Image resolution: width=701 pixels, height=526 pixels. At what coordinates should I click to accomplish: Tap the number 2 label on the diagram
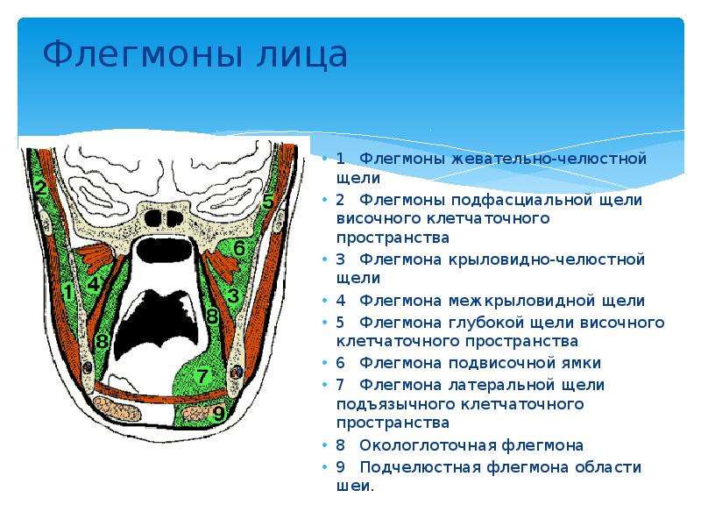[x=40, y=188]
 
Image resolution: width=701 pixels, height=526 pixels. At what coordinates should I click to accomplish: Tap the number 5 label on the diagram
[x=268, y=200]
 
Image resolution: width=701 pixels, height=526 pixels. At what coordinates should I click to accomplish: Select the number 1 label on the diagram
[x=68, y=291]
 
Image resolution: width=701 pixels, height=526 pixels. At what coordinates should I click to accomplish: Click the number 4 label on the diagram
[x=94, y=282]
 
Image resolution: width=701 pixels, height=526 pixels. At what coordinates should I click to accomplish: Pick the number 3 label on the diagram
[x=232, y=296]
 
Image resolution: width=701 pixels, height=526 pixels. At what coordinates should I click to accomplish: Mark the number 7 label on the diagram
[x=202, y=377]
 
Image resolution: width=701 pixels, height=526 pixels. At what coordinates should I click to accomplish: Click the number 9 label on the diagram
[x=218, y=409]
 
